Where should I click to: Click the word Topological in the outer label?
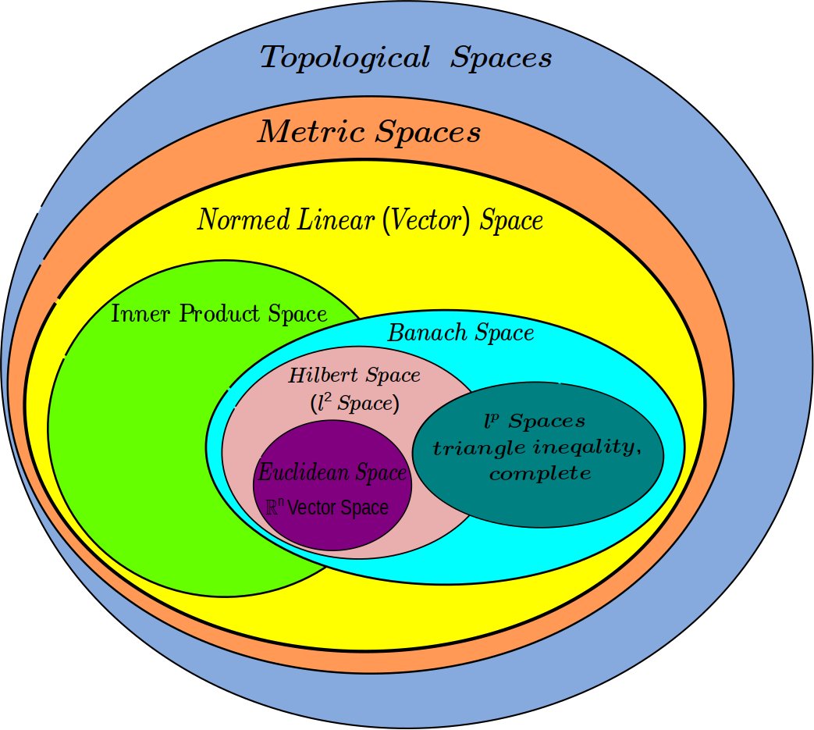[x=343, y=58]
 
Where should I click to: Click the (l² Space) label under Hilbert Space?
[x=354, y=404]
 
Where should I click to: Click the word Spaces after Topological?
[x=500, y=58]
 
